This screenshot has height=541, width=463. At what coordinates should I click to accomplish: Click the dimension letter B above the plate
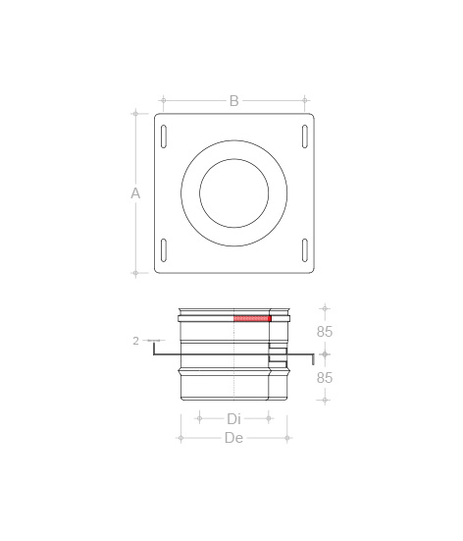click(x=234, y=101)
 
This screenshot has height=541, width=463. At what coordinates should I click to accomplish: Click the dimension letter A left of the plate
click(x=135, y=193)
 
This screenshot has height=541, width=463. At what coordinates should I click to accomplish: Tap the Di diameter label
click(x=233, y=419)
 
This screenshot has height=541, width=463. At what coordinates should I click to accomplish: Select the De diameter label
click(x=234, y=438)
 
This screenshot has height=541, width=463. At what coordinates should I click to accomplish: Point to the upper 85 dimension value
click(x=325, y=332)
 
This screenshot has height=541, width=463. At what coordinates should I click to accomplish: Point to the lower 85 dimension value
click(x=325, y=378)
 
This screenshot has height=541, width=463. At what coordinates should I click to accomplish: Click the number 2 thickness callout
click(x=135, y=341)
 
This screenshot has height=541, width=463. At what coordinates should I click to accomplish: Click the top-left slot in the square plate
click(x=164, y=136)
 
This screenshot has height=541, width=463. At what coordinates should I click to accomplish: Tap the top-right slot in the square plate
click(x=305, y=136)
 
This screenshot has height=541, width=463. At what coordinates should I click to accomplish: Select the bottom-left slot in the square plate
click(x=164, y=250)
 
